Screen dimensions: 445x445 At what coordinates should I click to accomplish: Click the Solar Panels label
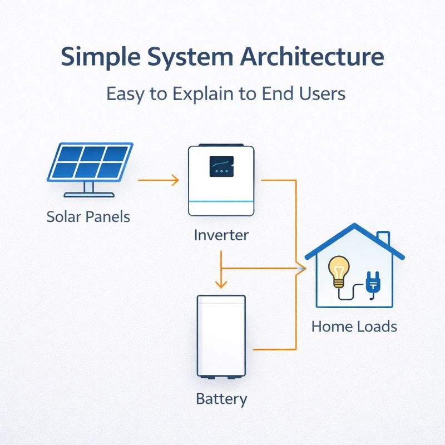coord(88,216)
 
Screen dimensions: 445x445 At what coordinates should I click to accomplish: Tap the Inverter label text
coord(221,235)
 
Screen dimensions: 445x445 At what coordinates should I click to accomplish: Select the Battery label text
coord(221,398)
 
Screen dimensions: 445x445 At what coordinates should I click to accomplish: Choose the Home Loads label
coord(354,326)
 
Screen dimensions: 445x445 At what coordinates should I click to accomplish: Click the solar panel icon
coord(90,162)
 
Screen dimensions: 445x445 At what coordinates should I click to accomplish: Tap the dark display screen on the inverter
coord(221,166)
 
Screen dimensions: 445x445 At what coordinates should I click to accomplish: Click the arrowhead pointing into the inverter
coord(175,180)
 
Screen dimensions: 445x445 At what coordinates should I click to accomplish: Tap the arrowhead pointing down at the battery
coord(221,284)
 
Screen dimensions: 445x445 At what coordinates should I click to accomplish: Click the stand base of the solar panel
coord(89,195)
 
